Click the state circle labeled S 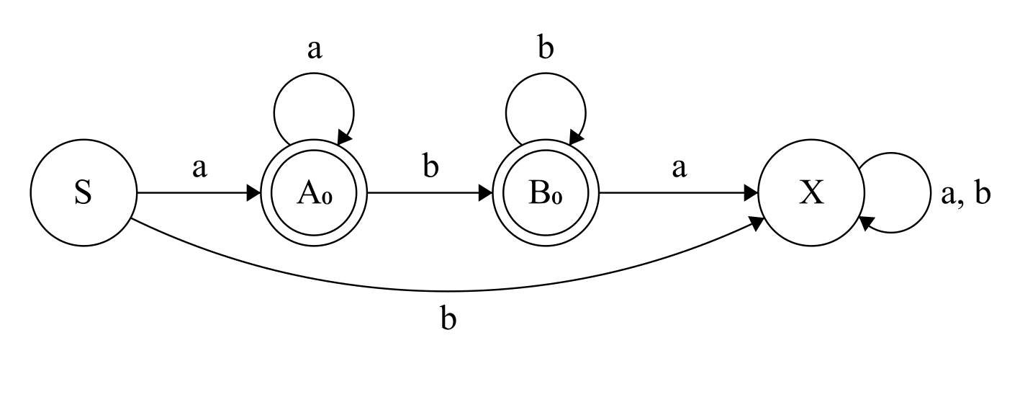pyautogui.click(x=84, y=194)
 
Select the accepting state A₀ pyautogui.click(x=315, y=194)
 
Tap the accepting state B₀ pyautogui.click(x=546, y=194)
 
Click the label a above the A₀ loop pyautogui.click(x=314, y=51)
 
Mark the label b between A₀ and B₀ pyautogui.click(x=430, y=169)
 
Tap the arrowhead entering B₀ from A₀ pyautogui.click(x=487, y=194)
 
